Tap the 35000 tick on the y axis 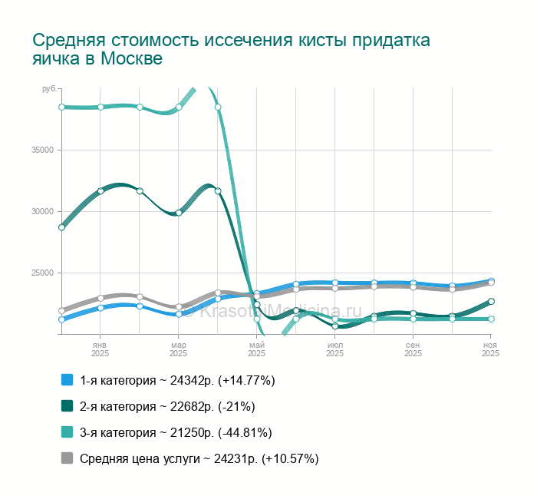coord(42,150)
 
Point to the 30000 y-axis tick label coord(42,211)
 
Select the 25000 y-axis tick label coord(42,273)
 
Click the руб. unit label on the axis coord(49,90)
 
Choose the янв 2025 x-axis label coord(100,349)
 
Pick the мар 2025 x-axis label coord(179,349)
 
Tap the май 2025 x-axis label coord(257,349)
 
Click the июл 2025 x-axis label coord(335,349)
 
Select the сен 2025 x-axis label coord(413,349)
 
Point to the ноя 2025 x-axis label coord(490,349)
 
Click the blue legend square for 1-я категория coord(67,380)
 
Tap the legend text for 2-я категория coord(167,406)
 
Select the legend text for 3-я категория coord(176,432)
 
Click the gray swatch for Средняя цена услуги coord(67,458)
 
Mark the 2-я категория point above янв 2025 coord(100,190)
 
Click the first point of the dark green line coord(61,227)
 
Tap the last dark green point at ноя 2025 coord(491,302)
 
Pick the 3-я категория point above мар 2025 coord(179,107)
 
